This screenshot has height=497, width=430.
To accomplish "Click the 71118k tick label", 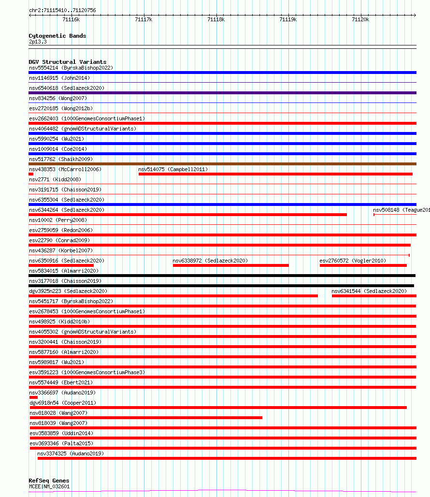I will click(x=216, y=19).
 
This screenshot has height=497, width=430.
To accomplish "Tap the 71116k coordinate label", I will click(x=71, y=19).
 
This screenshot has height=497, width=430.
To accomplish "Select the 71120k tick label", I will click(x=360, y=19).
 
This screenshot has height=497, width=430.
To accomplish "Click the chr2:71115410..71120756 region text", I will click(x=62, y=10).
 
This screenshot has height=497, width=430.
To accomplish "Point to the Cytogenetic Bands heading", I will click(x=57, y=36).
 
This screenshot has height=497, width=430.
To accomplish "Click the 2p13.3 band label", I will click(x=38, y=42).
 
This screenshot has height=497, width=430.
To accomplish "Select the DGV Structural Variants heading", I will click(x=68, y=62).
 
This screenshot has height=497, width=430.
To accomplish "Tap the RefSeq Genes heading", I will click(x=49, y=481).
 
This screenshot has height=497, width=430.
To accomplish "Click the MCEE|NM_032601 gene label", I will click(x=49, y=486).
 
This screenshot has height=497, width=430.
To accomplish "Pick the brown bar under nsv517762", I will click(x=222, y=164).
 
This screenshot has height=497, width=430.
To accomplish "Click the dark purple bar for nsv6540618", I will click(x=222, y=93).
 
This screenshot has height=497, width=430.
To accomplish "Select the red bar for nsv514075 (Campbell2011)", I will click(x=275, y=174).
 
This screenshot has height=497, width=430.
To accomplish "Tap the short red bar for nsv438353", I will click(x=31, y=174).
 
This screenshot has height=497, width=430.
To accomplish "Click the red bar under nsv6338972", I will click(x=230, y=265).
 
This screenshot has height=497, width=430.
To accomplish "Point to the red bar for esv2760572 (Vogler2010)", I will click(x=363, y=265).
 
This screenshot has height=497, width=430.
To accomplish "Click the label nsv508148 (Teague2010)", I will click(x=401, y=210).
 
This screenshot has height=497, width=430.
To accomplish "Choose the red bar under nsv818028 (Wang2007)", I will click(x=146, y=418).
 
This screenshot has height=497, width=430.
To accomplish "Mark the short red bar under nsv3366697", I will click(x=34, y=397).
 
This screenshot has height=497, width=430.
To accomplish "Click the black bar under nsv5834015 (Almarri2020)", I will click(x=222, y=276).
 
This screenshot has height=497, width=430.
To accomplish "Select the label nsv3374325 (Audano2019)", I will click(x=71, y=453).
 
